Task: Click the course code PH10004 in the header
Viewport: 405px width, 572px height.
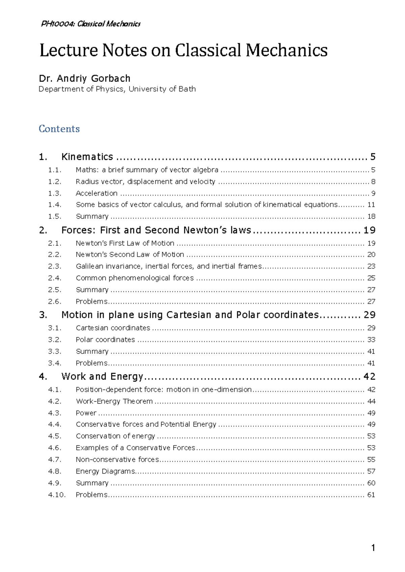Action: [x=58, y=24]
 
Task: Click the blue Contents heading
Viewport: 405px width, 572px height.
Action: [x=59, y=129]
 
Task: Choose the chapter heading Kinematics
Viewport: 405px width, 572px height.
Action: [x=87, y=157]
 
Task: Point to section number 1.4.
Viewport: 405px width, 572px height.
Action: [x=54, y=205]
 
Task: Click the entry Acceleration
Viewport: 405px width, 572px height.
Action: [x=97, y=193]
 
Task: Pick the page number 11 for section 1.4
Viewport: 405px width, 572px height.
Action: [x=371, y=205]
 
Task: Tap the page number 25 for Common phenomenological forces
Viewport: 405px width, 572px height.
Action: [x=371, y=278]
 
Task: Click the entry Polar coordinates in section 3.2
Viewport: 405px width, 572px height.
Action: [x=105, y=340]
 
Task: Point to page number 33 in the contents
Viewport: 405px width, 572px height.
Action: [x=371, y=340]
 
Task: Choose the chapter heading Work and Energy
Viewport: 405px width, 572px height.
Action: [x=102, y=376]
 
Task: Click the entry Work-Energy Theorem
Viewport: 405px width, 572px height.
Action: [x=114, y=401]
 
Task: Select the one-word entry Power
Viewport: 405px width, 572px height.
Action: [x=86, y=413]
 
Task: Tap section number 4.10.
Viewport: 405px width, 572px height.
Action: [x=57, y=495]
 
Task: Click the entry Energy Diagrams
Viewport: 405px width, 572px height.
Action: [x=105, y=471]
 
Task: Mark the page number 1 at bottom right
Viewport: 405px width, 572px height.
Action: [x=373, y=548]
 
